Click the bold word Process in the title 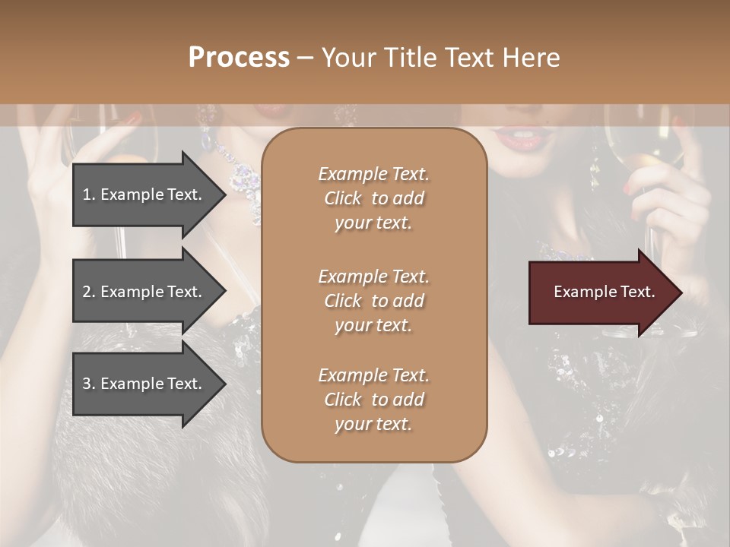point(239,58)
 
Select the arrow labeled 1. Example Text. point(144,194)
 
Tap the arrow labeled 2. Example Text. point(144,292)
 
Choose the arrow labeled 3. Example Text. point(144,384)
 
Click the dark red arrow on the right point(601,292)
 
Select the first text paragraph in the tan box point(373,198)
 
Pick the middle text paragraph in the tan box point(373,301)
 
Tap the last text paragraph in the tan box point(373,400)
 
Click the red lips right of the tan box point(515,138)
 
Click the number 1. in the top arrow point(89,194)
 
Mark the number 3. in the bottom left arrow point(89,384)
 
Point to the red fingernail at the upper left point(133,119)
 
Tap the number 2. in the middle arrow point(89,292)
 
